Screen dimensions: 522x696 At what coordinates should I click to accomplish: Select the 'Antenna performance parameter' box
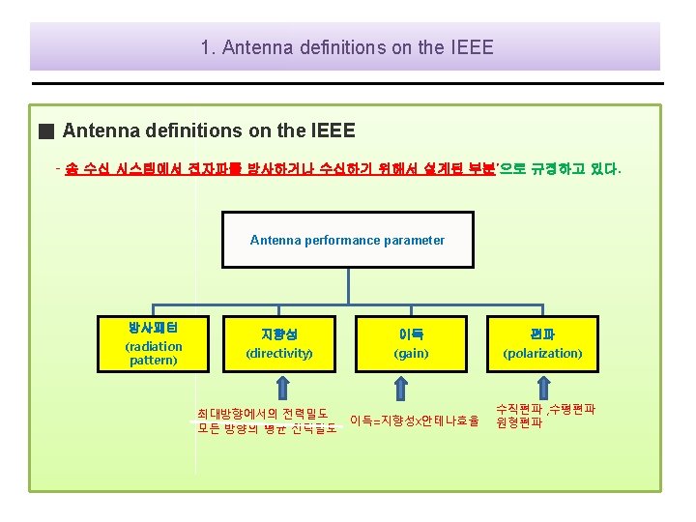(347, 240)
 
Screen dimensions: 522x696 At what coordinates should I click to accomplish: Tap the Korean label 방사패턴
(153, 328)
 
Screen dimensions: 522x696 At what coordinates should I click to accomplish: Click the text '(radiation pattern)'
(153, 353)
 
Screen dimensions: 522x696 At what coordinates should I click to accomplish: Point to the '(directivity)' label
(279, 354)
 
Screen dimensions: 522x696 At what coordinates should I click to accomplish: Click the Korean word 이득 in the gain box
(411, 334)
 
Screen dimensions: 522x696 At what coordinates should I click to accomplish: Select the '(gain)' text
(411, 354)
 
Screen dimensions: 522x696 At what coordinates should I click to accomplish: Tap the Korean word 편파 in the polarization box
(542, 334)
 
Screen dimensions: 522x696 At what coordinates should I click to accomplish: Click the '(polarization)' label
(542, 354)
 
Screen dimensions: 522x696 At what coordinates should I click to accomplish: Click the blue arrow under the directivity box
(281, 388)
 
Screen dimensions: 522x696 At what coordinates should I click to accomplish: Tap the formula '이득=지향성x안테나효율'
(415, 420)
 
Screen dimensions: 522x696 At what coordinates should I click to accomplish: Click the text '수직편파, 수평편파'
(546, 409)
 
